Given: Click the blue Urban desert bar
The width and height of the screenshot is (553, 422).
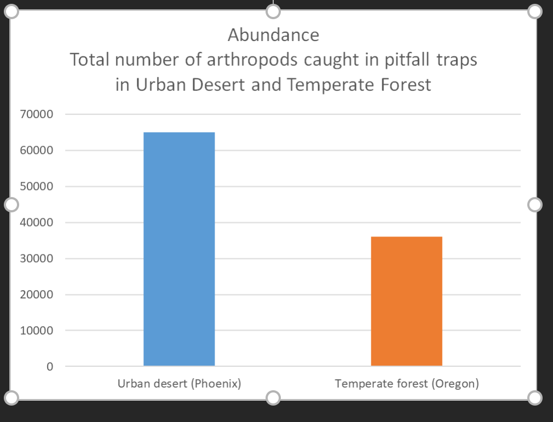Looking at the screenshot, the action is [179, 249].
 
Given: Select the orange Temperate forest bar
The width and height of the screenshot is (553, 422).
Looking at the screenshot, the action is [407, 301].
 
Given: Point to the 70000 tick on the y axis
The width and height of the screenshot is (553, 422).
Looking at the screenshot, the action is [36, 114].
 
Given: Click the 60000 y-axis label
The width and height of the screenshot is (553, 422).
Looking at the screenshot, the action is [36, 150].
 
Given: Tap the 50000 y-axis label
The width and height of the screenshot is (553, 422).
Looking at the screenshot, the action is [36, 186].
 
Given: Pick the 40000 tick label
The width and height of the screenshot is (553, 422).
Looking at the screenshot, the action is [36, 222].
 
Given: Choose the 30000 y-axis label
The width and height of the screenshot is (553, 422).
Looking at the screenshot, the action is [36, 258].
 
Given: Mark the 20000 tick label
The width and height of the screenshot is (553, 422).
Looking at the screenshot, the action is [36, 294].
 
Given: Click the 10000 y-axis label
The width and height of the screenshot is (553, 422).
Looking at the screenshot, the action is [36, 331].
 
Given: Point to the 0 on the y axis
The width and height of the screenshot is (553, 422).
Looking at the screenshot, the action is [50, 367].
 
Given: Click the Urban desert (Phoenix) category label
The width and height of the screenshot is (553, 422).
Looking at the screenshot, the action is [179, 384].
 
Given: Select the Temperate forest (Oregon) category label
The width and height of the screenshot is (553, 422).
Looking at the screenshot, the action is [407, 384].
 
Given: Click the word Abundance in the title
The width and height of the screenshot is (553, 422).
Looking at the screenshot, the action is [273, 35].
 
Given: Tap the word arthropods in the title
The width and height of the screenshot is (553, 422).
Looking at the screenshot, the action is [252, 59].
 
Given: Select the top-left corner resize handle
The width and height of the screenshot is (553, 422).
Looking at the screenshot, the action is [11, 11].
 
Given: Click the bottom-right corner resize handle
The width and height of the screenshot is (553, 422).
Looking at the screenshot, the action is [535, 398].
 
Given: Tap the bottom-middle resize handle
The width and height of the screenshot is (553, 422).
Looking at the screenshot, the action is [273, 398].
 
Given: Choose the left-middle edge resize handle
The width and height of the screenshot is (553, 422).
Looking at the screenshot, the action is [11, 205].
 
